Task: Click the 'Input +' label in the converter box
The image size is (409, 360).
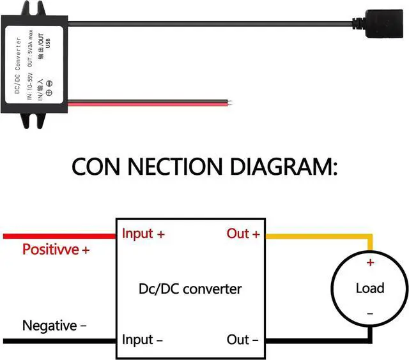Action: click(x=143, y=234)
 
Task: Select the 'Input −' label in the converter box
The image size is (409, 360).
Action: click(x=143, y=340)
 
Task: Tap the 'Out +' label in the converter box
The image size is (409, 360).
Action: click(x=243, y=234)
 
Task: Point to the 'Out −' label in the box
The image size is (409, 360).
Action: click(x=243, y=340)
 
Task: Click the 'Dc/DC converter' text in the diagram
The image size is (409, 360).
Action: click(x=190, y=289)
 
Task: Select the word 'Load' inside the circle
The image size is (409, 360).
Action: click(x=369, y=288)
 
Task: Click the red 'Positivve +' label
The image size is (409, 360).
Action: click(x=56, y=250)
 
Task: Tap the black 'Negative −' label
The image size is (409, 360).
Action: click(x=54, y=326)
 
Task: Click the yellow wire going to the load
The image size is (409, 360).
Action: click(x=320, y=236)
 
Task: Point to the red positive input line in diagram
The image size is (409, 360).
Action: click(x=58, y=236)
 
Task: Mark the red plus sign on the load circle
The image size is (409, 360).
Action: click(x=369, y=262)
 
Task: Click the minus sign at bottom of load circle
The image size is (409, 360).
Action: click(x=369, y=313)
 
